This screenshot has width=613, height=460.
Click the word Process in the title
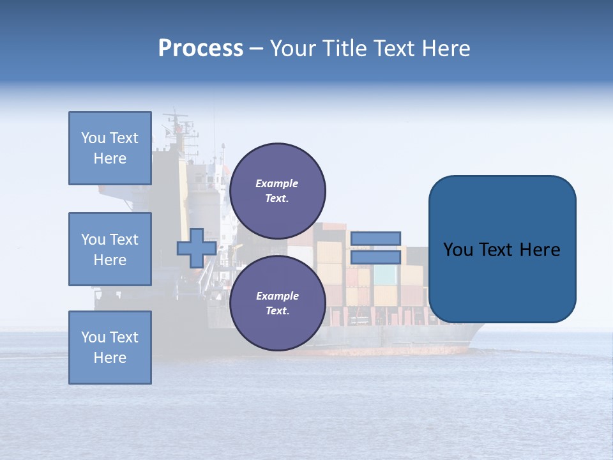(201, 49)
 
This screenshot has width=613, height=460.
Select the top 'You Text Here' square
(110, 148)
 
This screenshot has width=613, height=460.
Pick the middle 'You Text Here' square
(110, 249)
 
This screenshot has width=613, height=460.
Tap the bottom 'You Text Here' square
(110, 348)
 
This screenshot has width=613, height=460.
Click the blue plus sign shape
(196, 248)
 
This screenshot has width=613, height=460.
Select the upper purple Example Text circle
(277, 191)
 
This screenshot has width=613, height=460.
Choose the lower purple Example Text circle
(277, 303)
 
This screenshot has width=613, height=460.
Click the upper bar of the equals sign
(375, 238)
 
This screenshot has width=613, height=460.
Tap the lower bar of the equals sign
(375, 257)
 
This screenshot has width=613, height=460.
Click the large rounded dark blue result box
(502, 281)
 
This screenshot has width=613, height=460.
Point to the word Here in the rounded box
(540, 250)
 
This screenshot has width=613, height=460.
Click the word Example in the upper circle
(276, 183)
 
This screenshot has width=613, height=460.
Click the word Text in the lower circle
(276, 311)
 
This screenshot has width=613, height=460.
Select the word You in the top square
(93, 138)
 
